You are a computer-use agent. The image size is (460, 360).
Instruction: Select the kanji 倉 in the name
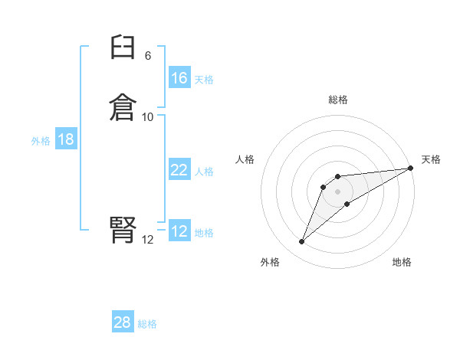123,106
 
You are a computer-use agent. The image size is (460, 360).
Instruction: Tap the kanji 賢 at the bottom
123,229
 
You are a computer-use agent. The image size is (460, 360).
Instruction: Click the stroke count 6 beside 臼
148,56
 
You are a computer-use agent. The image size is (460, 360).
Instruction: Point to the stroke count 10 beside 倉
148,117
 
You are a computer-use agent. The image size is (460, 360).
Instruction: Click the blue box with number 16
179,78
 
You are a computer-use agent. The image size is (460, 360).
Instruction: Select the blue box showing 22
179,171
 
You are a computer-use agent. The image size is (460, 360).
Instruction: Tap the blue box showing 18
66,139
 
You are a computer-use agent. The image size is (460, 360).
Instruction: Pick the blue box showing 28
123,322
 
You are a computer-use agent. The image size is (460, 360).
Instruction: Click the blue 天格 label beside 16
204,79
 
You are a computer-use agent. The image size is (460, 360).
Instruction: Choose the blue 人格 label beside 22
204,172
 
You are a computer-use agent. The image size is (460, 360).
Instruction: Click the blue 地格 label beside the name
204,233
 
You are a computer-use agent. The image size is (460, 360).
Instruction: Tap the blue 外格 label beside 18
41,140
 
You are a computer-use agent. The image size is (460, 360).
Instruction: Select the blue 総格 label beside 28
147,324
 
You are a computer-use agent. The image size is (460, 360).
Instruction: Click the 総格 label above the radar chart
338,100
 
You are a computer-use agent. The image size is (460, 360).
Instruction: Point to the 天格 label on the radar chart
431,159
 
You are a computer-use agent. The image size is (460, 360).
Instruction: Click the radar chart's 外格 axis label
270,262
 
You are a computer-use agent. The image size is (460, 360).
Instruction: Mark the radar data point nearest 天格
411,168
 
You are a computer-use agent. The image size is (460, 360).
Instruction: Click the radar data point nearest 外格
302,242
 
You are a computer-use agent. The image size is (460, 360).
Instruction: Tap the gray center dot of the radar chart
338,191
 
